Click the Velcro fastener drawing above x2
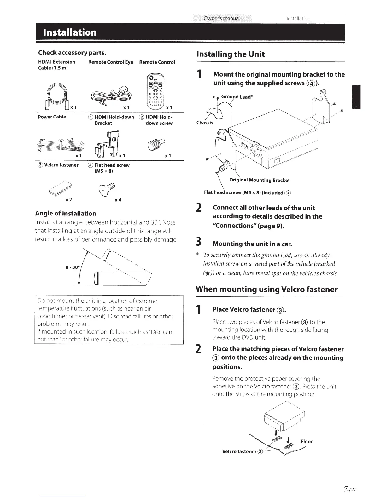[61, 188]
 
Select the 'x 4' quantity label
[118, 200]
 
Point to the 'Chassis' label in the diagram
[205, 123]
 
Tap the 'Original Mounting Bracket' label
[259, 180]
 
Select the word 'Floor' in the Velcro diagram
[306, 441]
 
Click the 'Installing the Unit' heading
[231, 54]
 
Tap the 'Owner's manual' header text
[221, 18]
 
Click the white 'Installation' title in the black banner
[70, 32]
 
